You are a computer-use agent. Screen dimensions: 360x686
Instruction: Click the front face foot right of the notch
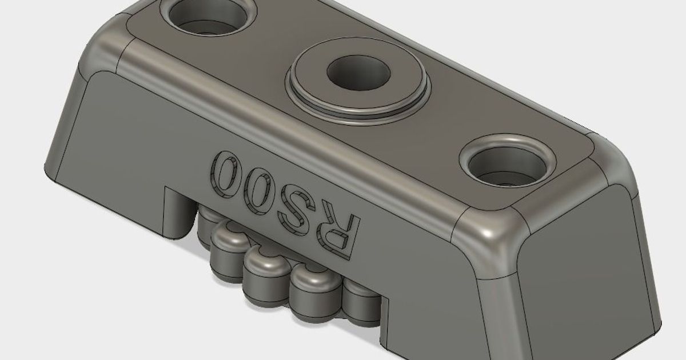click(x=434, y=320)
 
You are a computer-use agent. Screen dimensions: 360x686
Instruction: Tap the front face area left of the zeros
click(x=126, y=149)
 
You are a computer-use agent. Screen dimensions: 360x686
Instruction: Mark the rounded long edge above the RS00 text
click(x=286, y=134)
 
